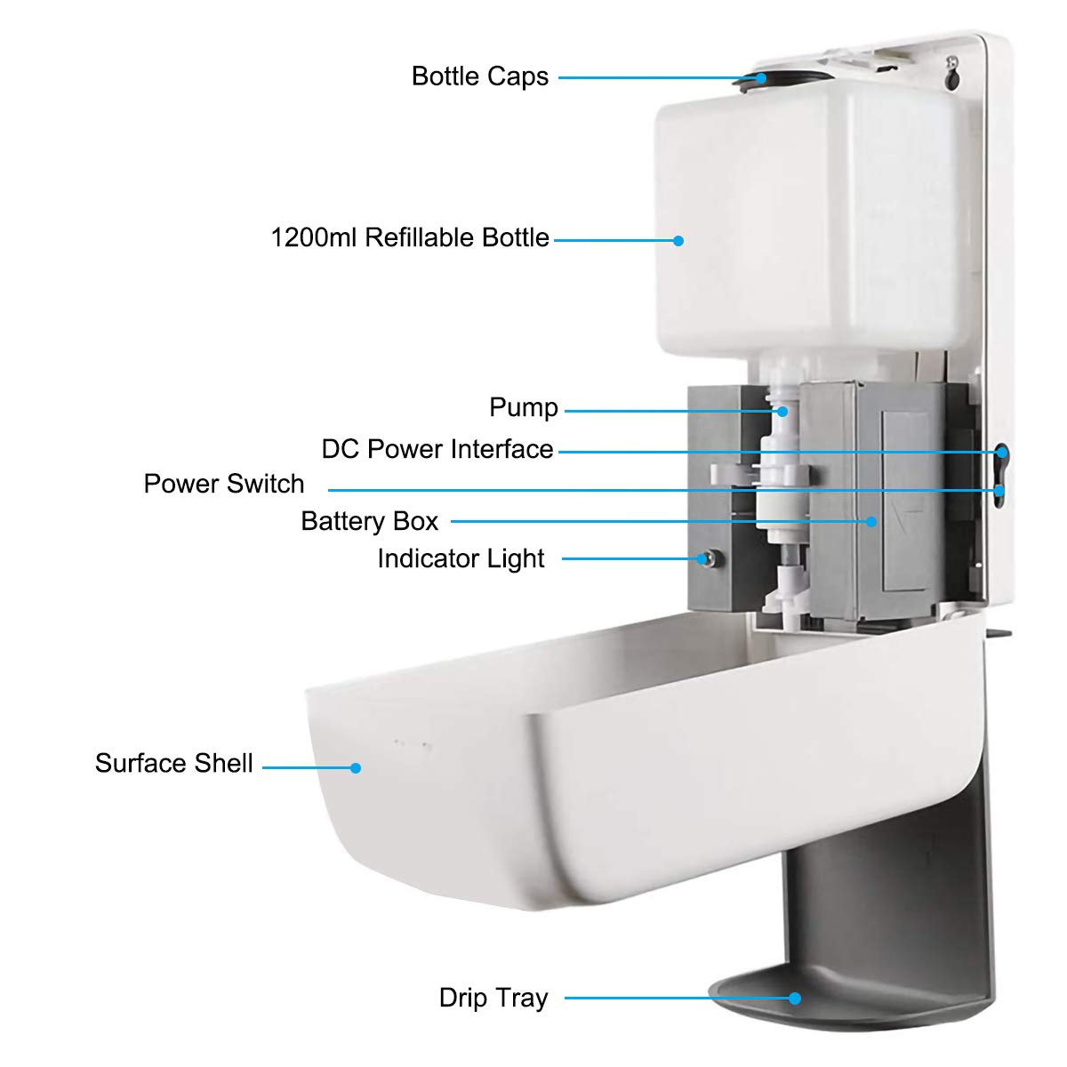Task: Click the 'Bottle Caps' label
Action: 479,76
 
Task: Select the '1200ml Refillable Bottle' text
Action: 410,238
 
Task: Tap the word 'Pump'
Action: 524,408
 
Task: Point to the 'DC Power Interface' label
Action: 437,449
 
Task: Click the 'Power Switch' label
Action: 224,484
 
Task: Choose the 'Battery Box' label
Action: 369,521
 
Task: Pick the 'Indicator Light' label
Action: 461,558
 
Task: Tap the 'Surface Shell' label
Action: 174,764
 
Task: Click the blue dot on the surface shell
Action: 356,767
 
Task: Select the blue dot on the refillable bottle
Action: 678,240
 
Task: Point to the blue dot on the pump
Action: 782,411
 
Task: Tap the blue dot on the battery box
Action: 872,522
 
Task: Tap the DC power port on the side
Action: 1002,452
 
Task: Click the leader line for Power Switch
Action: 658,490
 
